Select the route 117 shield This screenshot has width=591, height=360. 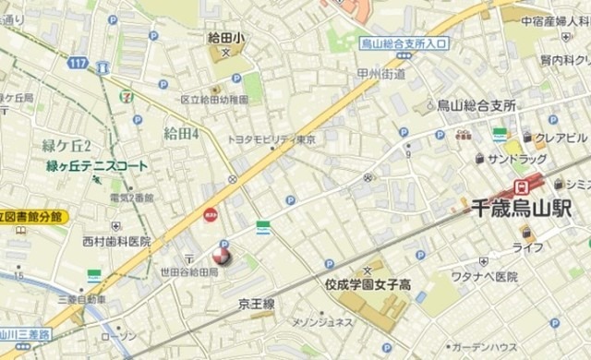coord(78,64)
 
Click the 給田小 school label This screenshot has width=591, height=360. coord(226,38)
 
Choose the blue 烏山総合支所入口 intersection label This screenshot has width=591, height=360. coord(403,42)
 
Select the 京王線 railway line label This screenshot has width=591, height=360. coord(257,303)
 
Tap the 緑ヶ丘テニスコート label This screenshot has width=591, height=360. coord(97,166)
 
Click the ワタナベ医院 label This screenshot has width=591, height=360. coord(486,276)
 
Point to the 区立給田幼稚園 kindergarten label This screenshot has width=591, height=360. coord(214,99)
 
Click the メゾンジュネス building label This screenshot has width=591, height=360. coord(322,321)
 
